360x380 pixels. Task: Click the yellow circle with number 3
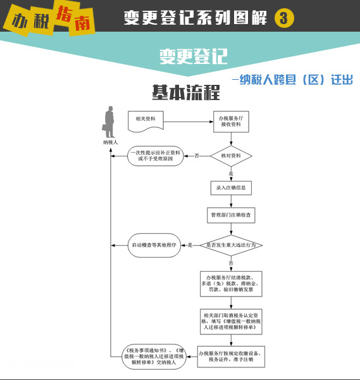point(284,18)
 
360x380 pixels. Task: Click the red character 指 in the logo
point(64,14)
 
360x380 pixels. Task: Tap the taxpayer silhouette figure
point(108,122)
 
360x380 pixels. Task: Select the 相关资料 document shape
point(146,122)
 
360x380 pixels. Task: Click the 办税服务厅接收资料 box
point(231,122)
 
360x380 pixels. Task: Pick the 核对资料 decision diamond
point(231,156)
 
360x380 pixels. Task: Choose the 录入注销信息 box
point(231,188)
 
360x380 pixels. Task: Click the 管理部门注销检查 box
point(231,215)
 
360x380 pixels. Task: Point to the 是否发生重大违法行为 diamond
point(231,245)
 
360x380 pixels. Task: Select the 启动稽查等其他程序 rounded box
point(154,245)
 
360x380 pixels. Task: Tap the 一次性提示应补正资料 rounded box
point(156,156)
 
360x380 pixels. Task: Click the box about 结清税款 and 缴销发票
point(231,284)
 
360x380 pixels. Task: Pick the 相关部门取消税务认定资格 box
point(231,322)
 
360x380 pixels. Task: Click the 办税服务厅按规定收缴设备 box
point(231,357)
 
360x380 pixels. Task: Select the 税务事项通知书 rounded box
point(154,357)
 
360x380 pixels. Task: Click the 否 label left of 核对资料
point(197,156)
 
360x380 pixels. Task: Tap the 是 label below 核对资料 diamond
point(231,174)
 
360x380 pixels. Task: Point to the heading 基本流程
point(186,92)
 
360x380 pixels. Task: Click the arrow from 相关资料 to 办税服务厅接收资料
point(189,122)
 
